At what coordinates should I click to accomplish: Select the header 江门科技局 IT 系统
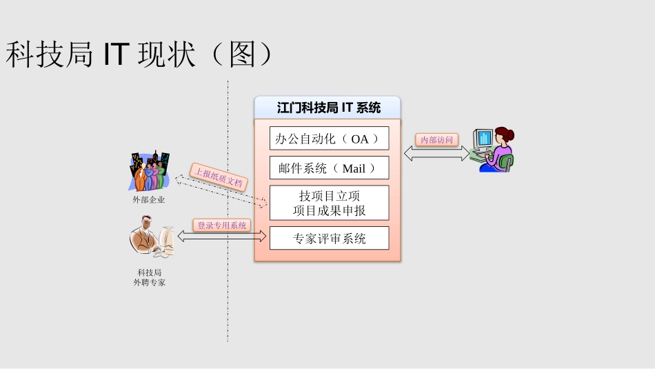[328, 108]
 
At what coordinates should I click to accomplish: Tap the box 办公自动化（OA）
[329, 139]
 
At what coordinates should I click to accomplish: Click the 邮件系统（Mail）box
[329, 168]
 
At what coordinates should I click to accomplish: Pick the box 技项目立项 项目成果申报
[329, 203]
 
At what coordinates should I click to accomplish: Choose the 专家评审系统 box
[329, 239]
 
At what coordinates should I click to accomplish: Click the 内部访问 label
[437, 140]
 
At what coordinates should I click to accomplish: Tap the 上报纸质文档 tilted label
[219, 177]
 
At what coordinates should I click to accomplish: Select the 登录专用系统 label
[222, 225]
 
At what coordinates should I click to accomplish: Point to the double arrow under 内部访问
[436, 154]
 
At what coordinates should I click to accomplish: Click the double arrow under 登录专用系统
[222, 237]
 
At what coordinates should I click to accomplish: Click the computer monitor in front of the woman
[483, 138]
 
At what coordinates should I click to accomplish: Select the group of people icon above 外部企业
[149, 171]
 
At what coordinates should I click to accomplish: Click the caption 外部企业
[149, 200]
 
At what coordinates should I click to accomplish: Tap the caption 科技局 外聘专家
[150, 277]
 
